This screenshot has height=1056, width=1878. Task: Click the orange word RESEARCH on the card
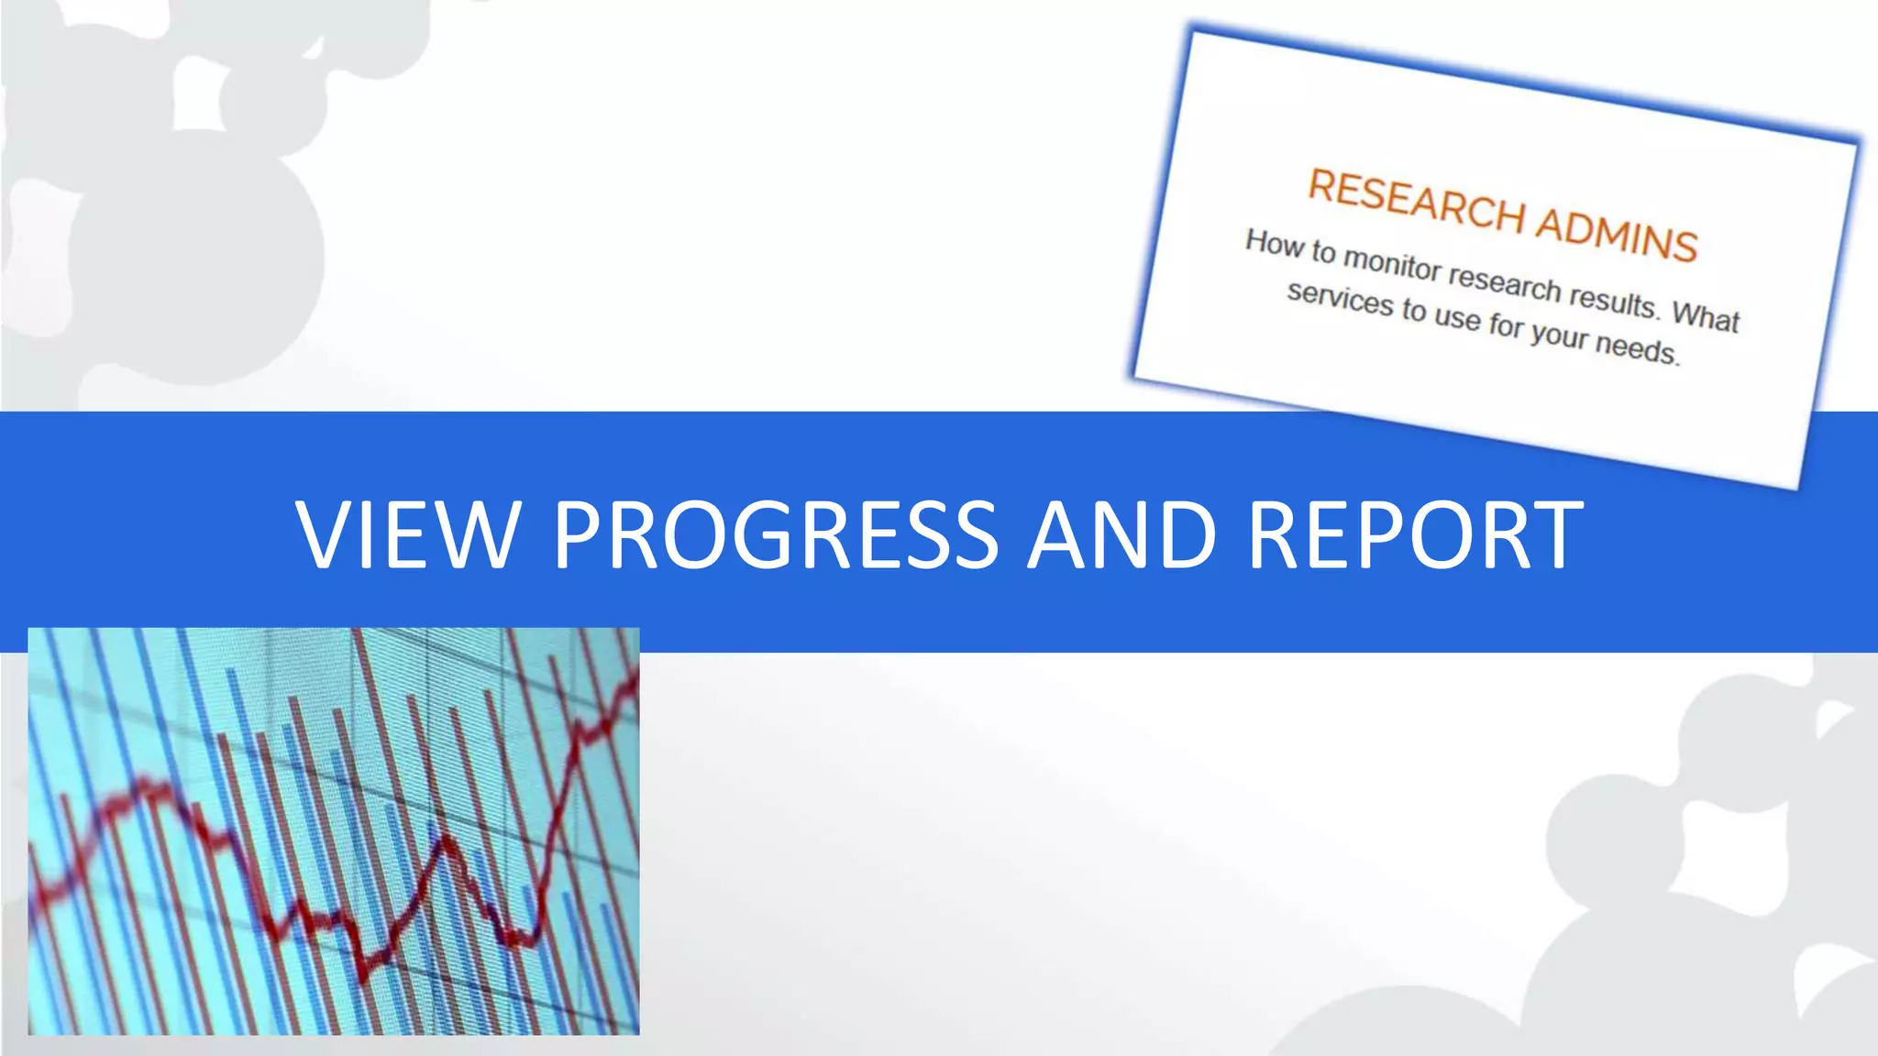coord(1416,201)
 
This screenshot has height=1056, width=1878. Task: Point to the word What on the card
coord(1706,316)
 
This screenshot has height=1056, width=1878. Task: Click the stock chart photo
coord(334,831)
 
